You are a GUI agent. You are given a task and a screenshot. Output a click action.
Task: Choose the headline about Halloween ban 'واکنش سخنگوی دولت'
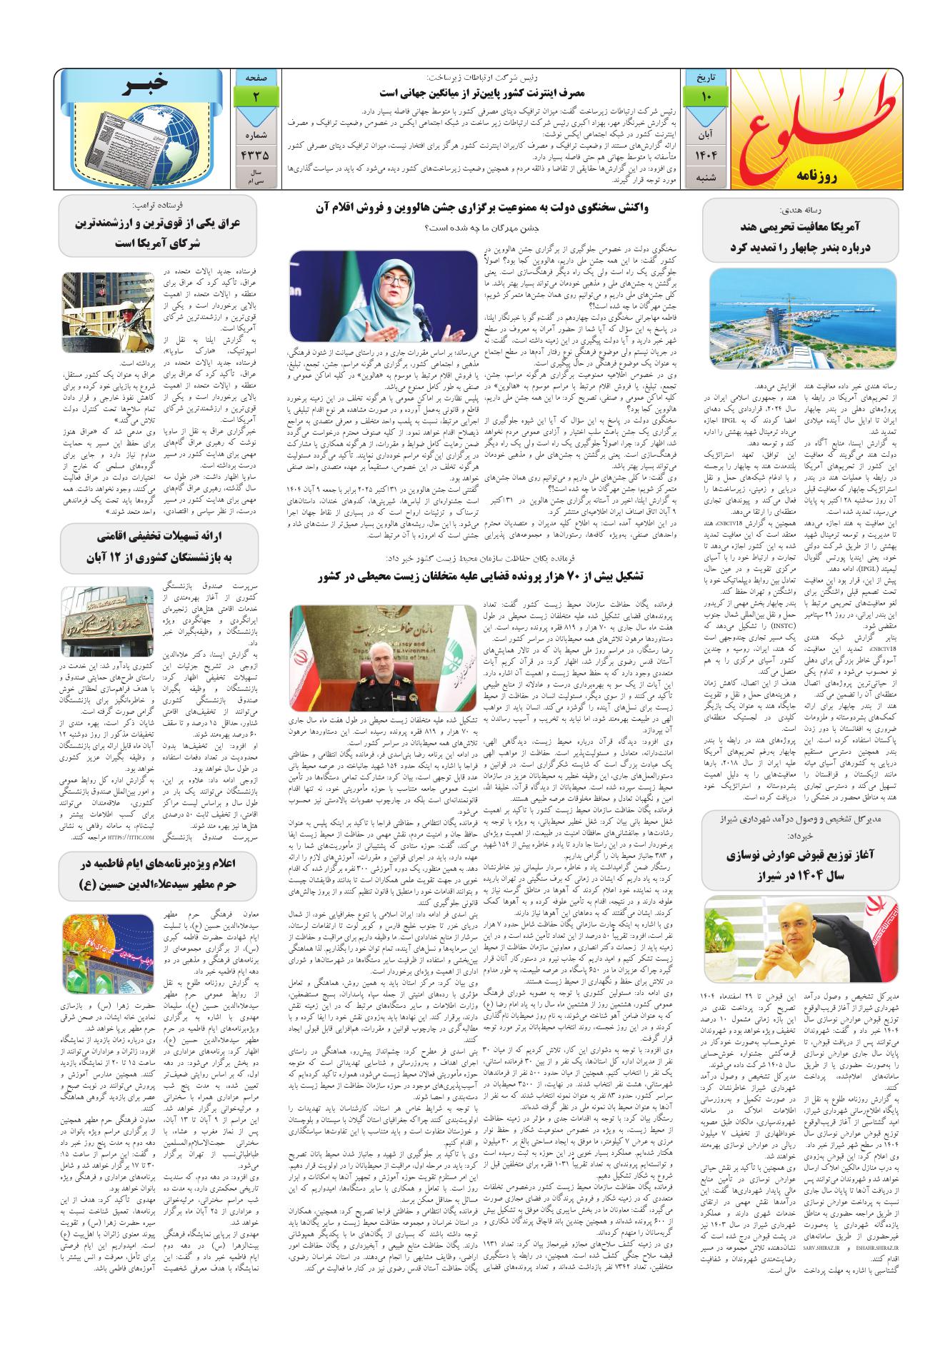point(483,209)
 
